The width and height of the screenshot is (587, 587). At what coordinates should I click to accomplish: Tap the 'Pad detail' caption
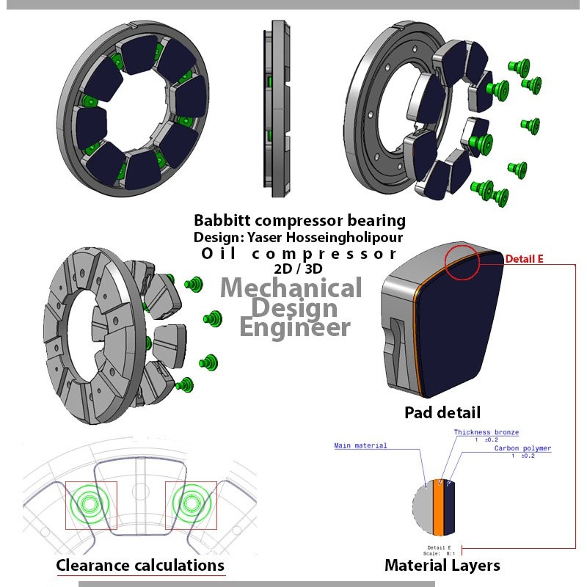442,412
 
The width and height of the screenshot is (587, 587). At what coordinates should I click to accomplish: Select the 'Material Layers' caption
442,565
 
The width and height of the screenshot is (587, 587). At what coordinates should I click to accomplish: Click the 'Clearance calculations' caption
140,565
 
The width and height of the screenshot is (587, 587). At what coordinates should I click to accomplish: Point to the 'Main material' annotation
360,445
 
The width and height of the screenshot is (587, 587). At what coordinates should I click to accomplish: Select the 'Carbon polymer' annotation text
522,448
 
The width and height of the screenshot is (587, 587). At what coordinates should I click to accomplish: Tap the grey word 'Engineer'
296,327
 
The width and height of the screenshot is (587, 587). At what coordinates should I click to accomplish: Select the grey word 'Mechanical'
291,287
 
